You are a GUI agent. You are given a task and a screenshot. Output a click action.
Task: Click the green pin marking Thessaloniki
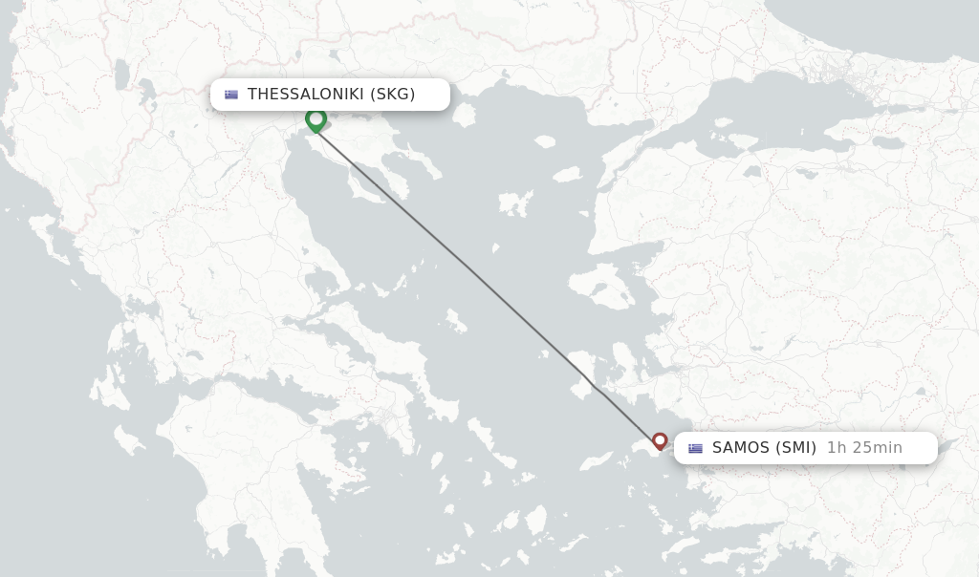click(x=315, y=119)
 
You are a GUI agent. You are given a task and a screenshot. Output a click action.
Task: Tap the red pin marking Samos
click(x=660, y=440)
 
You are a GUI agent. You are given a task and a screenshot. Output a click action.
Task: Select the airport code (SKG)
click(x=393, y=94)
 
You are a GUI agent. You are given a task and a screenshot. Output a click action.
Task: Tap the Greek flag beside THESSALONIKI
click(x=231, y=95)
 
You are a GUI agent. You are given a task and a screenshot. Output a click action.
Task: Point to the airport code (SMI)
click(x=795, y=447)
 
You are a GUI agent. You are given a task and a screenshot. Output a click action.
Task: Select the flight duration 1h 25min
click(x=864, y=447)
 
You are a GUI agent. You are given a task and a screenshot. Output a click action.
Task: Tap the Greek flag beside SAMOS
click(x=695, y=448)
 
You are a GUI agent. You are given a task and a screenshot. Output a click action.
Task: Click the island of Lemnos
click(x=516, y=203)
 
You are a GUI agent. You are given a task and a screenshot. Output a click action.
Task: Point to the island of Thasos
click(x=466, y=114)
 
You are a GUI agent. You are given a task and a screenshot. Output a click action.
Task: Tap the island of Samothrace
click(x=545, y=141)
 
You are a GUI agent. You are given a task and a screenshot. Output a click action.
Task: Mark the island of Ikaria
click(x=598, y=460)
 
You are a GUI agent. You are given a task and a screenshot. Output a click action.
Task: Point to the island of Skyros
click(x=456, y=321)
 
